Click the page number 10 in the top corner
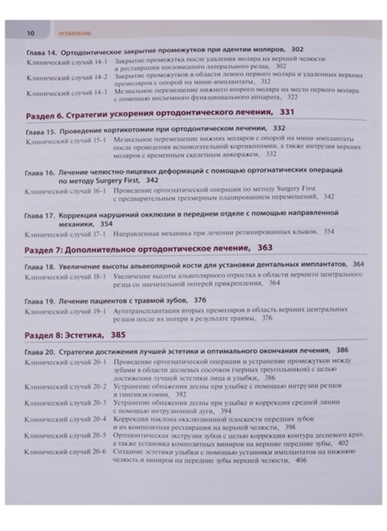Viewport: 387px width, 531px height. click(29, 33)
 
